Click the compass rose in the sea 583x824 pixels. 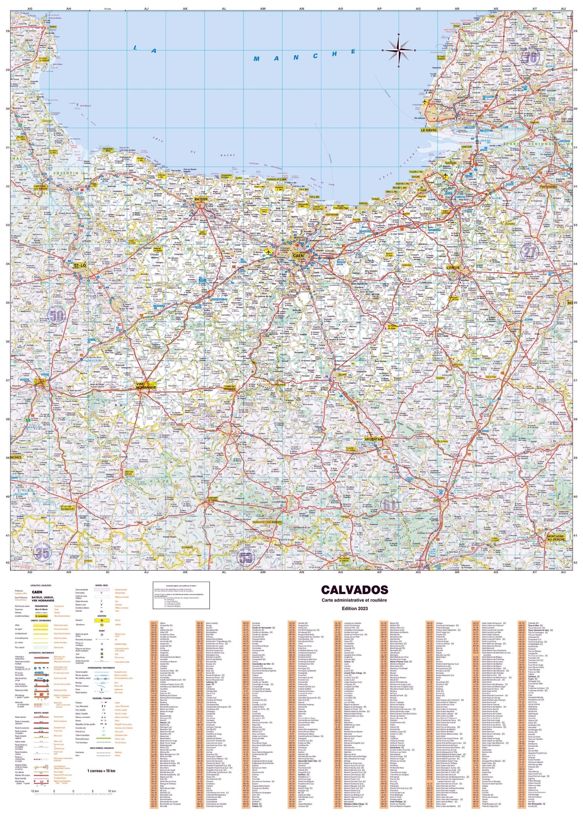(399, 51)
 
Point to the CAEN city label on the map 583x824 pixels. (298, 257)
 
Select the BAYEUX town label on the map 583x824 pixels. (201, 199)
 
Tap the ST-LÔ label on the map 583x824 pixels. (80, 265)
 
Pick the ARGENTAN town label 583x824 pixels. (372, 439)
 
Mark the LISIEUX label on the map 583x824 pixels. (453, 267)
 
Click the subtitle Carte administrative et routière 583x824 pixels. (354, 600)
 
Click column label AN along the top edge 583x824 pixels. (302, 9)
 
